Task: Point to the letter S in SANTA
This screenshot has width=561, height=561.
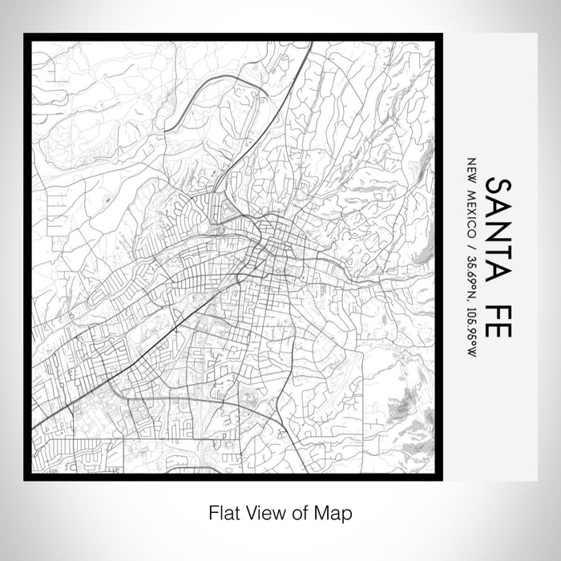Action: point(498,188)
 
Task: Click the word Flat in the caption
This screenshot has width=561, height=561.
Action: point(224,512)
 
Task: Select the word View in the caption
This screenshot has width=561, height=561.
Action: point(266,512)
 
